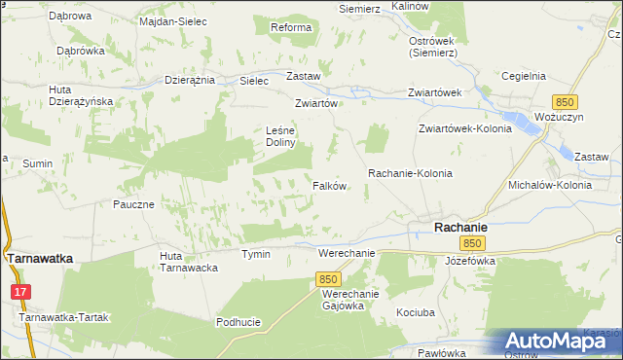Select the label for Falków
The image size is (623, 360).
click(330, 186)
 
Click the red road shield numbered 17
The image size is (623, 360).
click(21, 291)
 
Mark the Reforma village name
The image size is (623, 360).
click(290, 27)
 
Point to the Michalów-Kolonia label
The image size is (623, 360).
click(549, 184)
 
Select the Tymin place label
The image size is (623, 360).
click(256, 254)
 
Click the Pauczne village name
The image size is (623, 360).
click(133, 204)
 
